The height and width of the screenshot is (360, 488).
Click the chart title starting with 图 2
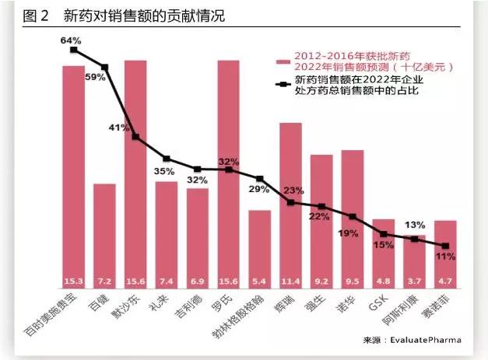point(125,16)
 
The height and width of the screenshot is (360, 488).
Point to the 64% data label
point(72,39)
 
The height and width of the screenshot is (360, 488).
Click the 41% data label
point(119,128)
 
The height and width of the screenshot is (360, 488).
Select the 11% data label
point(445,255)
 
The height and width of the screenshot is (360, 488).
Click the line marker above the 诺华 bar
point(353,216)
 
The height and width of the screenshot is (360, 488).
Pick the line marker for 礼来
point(166,159)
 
